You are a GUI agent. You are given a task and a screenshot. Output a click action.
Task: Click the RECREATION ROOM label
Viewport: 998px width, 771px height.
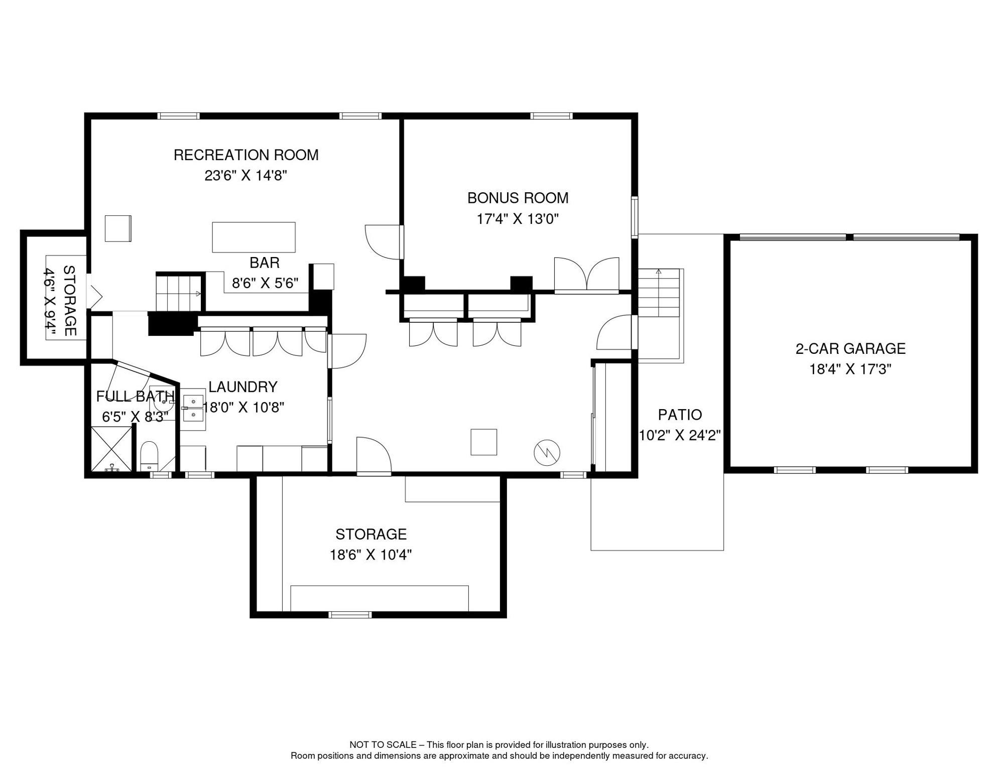pos(246,155)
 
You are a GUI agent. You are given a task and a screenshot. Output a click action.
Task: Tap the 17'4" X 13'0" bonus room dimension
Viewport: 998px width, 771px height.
pos(518,219)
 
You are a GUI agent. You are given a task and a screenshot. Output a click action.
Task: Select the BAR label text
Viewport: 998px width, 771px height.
pos(265,263)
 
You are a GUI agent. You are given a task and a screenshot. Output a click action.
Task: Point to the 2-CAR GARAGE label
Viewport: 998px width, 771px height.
pos(850,348)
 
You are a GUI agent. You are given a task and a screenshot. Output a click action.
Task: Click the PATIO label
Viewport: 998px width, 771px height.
pos(680,415)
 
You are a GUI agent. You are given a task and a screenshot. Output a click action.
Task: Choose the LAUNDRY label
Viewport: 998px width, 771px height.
pos(243,387)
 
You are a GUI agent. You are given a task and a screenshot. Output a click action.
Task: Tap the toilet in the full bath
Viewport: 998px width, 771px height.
pos(149,455)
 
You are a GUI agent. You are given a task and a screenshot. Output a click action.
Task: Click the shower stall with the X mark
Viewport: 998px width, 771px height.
pos(111,449)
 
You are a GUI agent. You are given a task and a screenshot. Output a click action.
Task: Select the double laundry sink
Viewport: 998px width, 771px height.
pos(193,409)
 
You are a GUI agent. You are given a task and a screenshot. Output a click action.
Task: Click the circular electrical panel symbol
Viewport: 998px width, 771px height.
pos(547,452)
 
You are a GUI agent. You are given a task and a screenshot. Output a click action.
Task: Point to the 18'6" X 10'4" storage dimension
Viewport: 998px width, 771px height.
pos(370,555)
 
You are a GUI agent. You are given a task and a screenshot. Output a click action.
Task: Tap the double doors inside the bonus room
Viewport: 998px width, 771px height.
pos(586,275)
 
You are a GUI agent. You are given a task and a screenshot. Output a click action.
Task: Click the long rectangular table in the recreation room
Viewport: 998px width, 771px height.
pos(254,237)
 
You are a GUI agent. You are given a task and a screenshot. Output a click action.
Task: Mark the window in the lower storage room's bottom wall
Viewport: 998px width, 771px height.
pos(350,615)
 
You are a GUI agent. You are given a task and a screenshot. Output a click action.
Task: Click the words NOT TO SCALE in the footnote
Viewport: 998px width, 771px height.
pos(383,745)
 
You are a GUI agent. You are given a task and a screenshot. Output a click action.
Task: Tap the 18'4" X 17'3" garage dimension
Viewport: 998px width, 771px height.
pos(850,369)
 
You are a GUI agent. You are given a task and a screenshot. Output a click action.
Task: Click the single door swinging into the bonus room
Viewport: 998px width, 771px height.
pos(385,242)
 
